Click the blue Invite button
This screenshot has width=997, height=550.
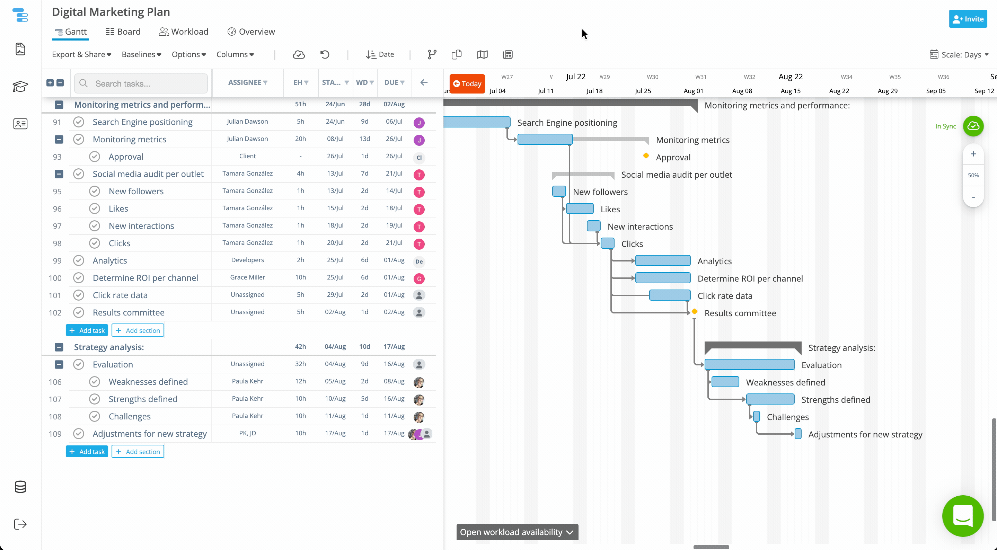click(968, 19)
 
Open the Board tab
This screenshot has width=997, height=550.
click(123, 32)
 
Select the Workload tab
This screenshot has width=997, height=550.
click(184, 32)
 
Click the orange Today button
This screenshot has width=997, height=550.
click(467, 83)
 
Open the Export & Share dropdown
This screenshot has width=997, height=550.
click(82, 55)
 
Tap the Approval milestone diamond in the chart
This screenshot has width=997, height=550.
click(646, 156)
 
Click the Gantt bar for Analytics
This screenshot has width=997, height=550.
click(663, 260)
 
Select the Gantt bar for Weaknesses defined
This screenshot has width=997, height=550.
click(725, 382)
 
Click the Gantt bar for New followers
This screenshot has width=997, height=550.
click(559, 191)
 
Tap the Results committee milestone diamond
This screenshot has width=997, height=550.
click(695, 312)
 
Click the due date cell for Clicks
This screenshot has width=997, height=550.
click(394, 243)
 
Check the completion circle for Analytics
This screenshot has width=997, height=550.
click(79, 260)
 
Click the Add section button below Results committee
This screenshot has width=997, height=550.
click(138, 330)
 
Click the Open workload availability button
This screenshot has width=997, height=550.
click(517, 532)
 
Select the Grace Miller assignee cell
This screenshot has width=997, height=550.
click(248, 277)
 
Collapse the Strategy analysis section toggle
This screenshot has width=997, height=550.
click(59, 347)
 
